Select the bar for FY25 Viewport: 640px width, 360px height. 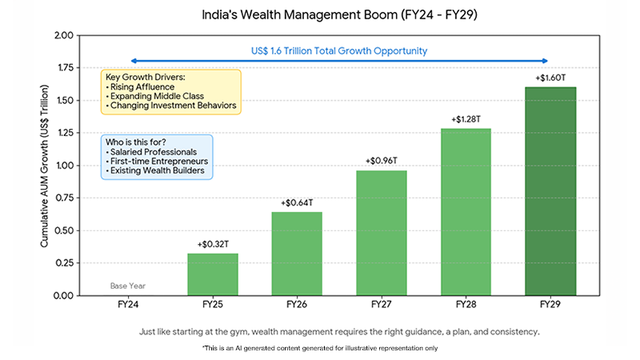(x=213, y=274)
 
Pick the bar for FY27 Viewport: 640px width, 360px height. (x=381, y=233)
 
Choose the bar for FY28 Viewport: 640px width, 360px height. (x=465, y=212)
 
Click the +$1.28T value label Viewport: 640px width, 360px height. (x=465, y=119)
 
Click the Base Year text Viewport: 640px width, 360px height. (x=129, y=286)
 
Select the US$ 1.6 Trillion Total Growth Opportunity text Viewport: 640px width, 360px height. (x=339, y=51)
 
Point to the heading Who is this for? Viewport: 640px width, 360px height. (x=137, y=141)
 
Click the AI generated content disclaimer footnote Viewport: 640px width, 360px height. (x=320, y=349)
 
